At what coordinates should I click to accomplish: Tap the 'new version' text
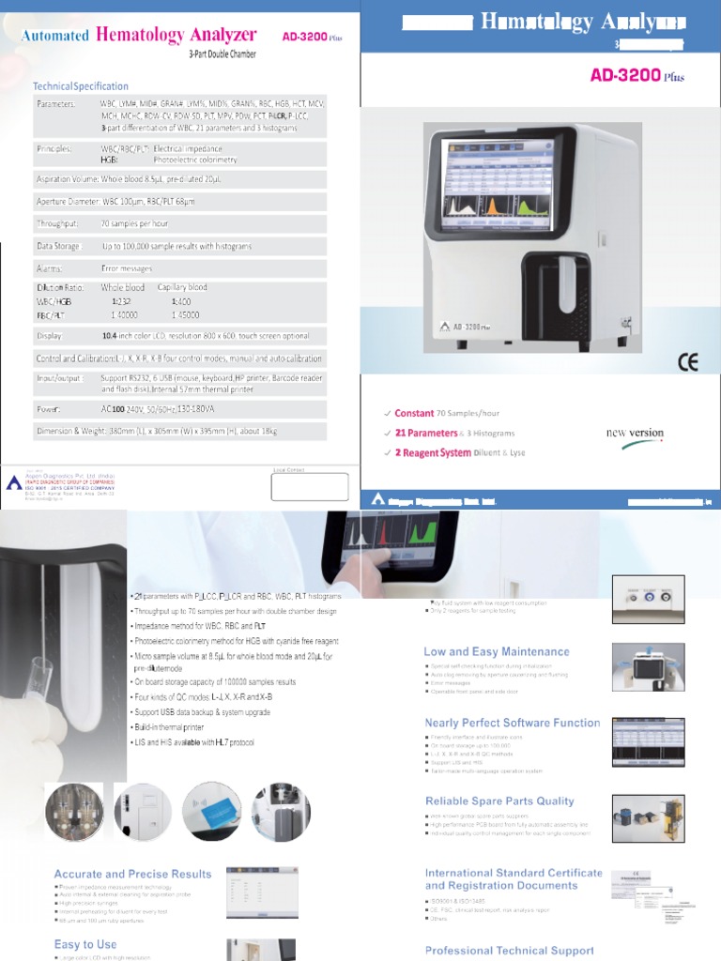pyautogui.click(x=635, y=434)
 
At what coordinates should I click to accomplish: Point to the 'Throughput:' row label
pyautogui.click(x=58, y=224)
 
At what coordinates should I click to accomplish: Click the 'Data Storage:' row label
pyautogui.click(x=60, y=246)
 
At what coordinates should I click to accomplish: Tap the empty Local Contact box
pyautogui.click(x=309, y=487)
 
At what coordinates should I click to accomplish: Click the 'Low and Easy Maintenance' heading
pyautogui.click(x=497, y=651)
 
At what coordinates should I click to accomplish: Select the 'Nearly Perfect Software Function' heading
pyautogui.click(x=512, y=723)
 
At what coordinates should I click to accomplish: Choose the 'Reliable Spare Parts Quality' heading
pyautogui.click(x=499, y=801)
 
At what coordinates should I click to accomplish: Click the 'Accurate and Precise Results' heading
pyautogui.click(x=133, y=874)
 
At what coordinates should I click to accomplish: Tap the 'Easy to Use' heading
pyautogui.click(x=85, y=944)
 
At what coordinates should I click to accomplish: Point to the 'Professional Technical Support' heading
pyautogui.click(x=510, y=951)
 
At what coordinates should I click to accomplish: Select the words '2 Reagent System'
pyautogui.click(x=433, y=452)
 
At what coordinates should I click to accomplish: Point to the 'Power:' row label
pyautogui.click(x=50, y=410)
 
